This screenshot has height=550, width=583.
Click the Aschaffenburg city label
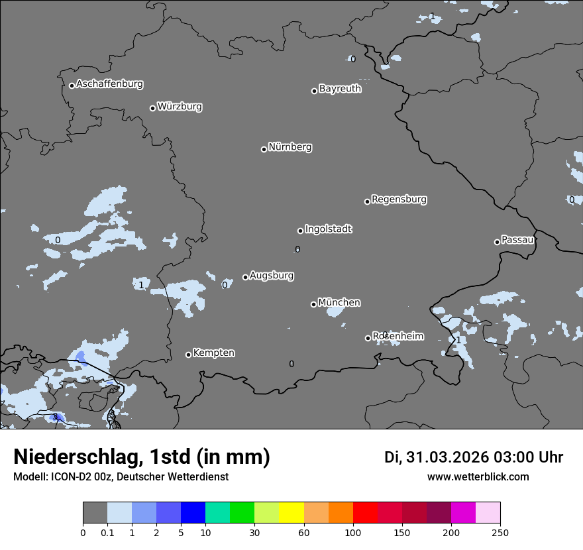pyautogui.click(x=109, y=84)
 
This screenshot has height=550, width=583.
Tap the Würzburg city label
pyautogui.click(x=180, y=107)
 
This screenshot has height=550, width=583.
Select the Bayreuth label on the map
pyautogui.click(x=340, y=89)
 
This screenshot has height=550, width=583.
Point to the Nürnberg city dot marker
pyautogui.click(x=264, y=149)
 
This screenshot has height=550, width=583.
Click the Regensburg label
pyautogui.click(x=399, y=199)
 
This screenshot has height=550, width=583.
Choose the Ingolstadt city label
pyautogui.click(x=328, y=229)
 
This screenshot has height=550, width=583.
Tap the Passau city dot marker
pyautogui.click(x=497, y=242)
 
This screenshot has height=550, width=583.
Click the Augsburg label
pyautogui.click(x=272, y=276)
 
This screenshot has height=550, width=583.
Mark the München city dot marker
pyautogui.click(x=314, y=305)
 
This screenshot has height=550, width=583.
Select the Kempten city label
pyautogui.click(x=213, y=353)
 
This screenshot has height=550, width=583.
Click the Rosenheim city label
pyautogui.click(x=397, y=337)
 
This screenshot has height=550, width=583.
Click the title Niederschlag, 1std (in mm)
pyautogui.click(x=142, y=457)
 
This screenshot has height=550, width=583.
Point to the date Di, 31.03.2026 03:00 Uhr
pyautogui.click(x=474, y=457)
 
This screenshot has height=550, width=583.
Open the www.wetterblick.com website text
pyautogui.click(x=478, y=477)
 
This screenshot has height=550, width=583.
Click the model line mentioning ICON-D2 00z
pyautogui.click(x=121, y=477)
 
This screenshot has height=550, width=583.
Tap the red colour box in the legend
pyautogui.click(x=365, y=513)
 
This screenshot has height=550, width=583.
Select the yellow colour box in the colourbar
pyautogui.click(x=291, y=513)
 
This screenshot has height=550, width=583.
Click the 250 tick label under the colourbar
pyautogui.click(x=500, y=532)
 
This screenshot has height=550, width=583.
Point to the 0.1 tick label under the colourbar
pyautogui.click(x=107, y=532)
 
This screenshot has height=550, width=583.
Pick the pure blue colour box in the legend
pyautogui.click(x=193, y=513)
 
